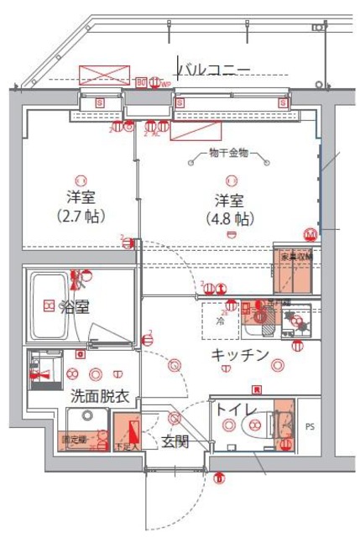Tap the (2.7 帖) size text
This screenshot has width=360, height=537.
pyautogui.click(x=81, y=216)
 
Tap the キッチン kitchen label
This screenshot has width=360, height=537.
pyautogui.click(x=240, y=355)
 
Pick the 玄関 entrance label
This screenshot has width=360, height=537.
pyautogui.click(x=175, y=441)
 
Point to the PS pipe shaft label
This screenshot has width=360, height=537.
pyautogui.click(x=311, y=426)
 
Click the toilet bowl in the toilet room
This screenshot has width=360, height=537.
pyautogui.click(x=256, y=427)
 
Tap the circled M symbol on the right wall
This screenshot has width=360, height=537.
pyautogui.click(x=310, y=234)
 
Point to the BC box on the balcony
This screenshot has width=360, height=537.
pyautogui.click(x=141, y=81)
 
